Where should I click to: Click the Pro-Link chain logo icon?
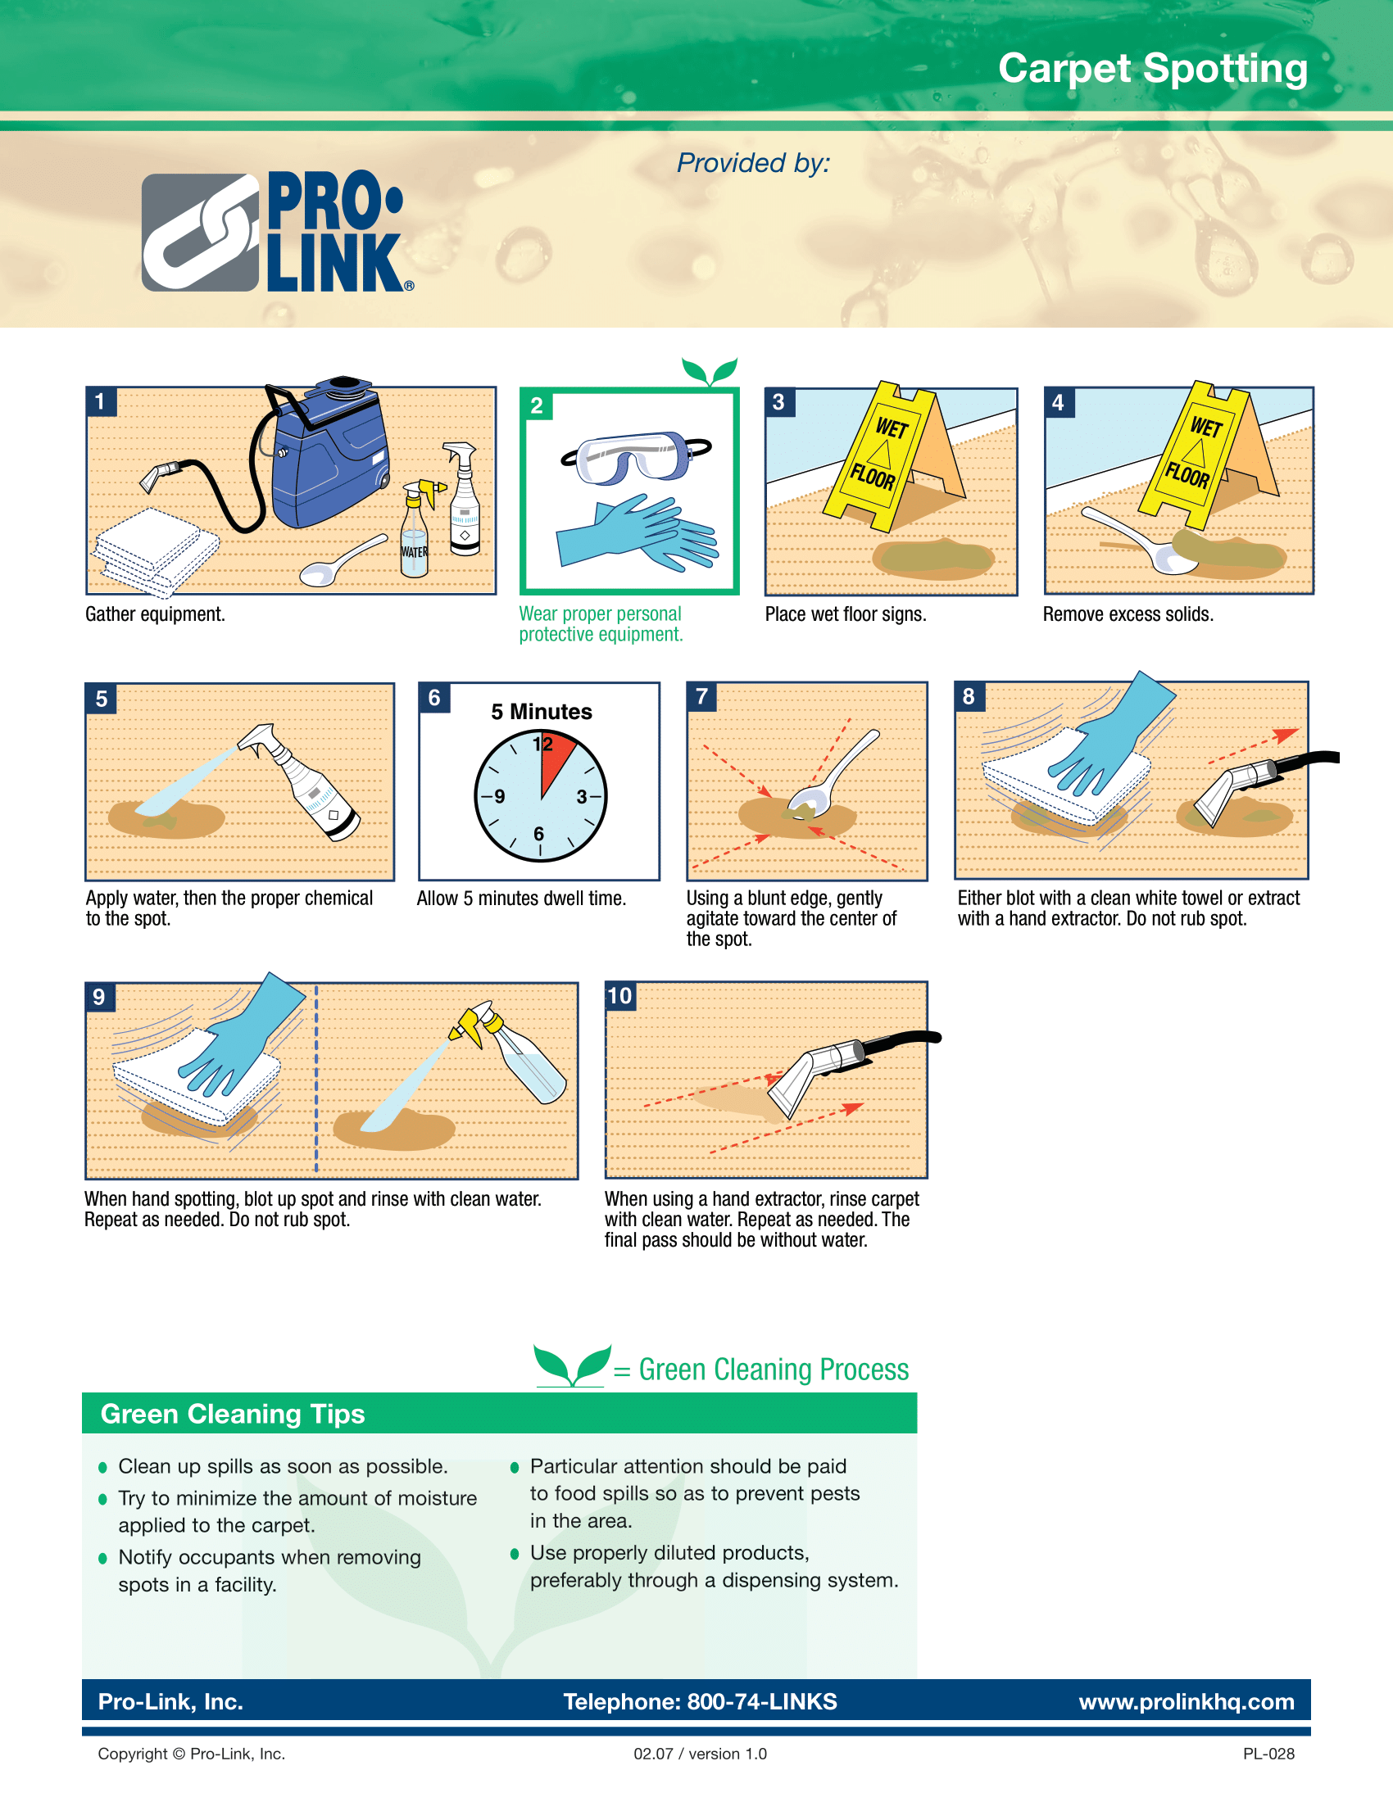point(201,232)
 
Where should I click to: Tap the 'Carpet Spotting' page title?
point(1153,70)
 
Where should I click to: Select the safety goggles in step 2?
point(635,456)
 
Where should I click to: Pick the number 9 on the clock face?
point(499,797)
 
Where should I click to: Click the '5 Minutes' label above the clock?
point(542,711)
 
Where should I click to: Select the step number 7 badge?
point(701,696)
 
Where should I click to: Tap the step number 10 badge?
point(619,996)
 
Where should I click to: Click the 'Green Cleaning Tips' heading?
point(233,1415)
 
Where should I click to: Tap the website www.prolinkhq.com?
point(1187,1702)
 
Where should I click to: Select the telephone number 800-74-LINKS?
point(763,1702)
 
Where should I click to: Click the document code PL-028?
point(1268,1754)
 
